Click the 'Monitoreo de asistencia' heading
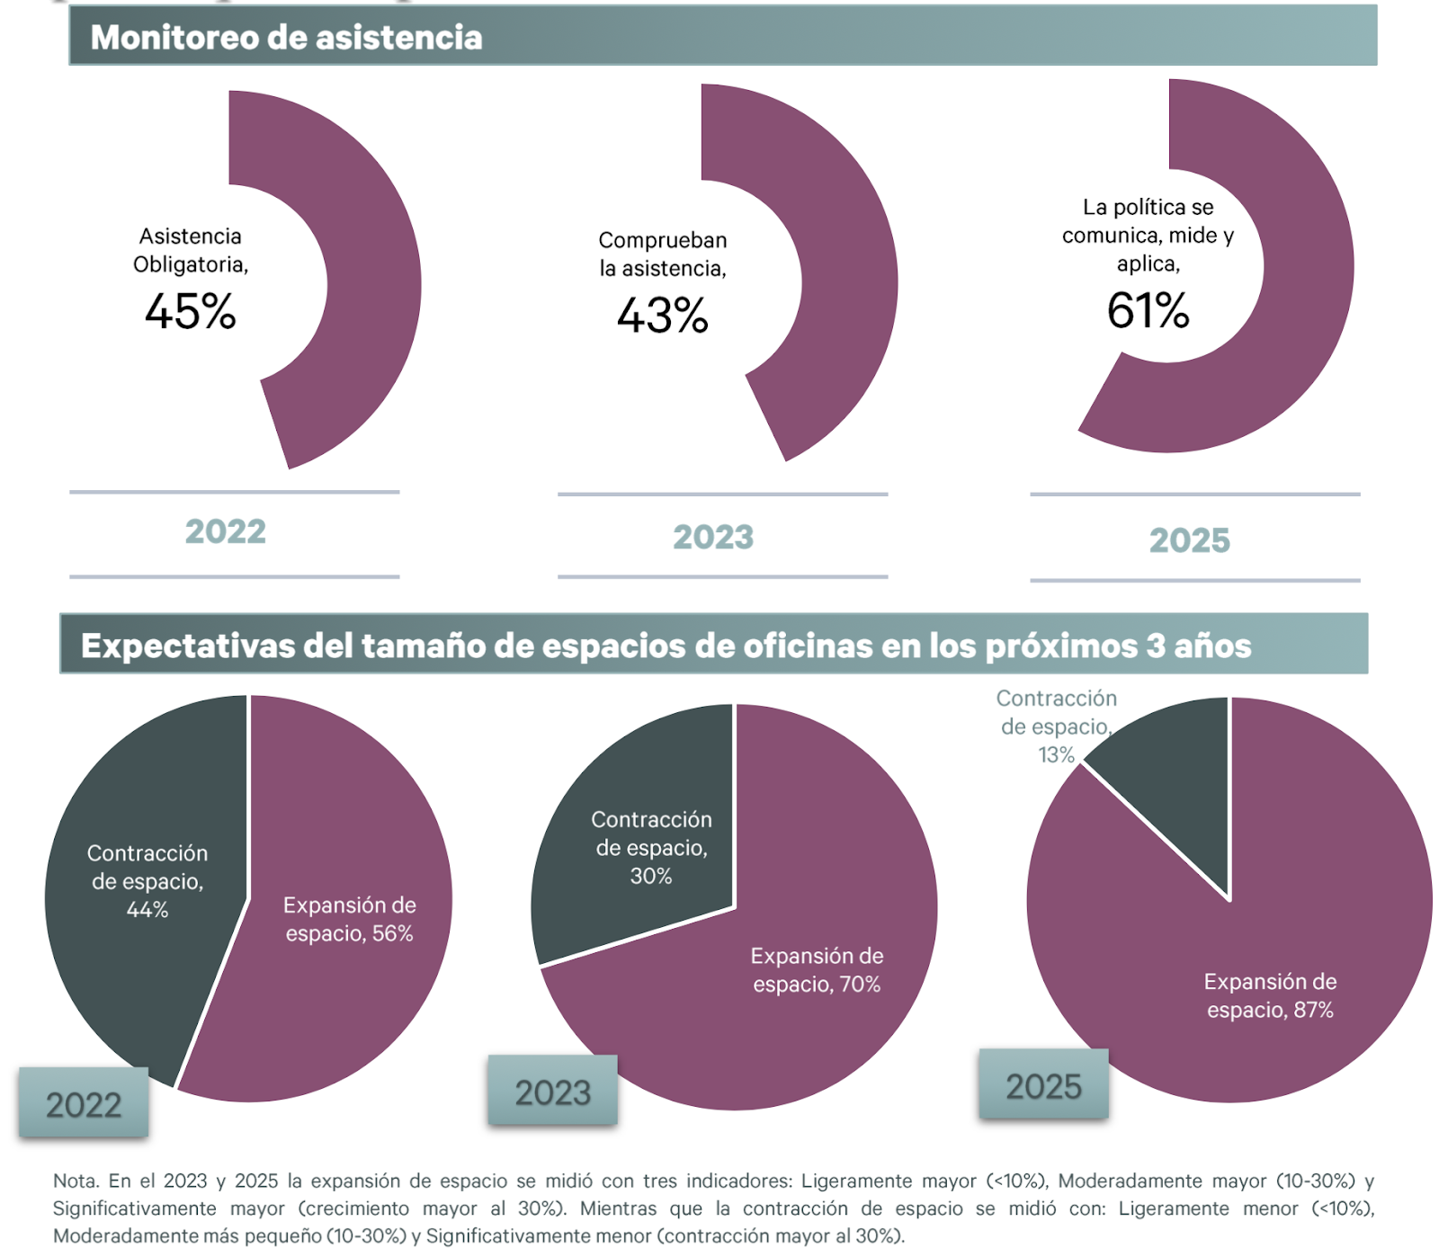[x=286, y=38]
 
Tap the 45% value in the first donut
[x=190, y=312]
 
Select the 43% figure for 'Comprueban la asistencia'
[x=663, y=316]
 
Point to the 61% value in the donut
[x=1148, y=311]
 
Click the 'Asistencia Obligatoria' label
[x=191, y=250]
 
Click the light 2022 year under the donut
[x=226, y=531]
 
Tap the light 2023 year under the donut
[x=713, y=537]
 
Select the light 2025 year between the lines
[x=1189, y=540]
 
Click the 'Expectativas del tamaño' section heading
[x=666, y=646]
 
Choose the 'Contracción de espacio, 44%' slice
[x=147, y=881]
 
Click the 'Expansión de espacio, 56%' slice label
[x=349, y=919]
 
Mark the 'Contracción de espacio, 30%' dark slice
[x=651, y=847]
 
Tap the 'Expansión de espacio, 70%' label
[x=817, y=969]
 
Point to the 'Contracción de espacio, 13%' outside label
[x=1056, y=727]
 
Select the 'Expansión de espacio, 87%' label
[x=1270, y=995]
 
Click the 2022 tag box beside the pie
[x=84, y=1104]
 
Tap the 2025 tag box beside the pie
[x=1043, y=1086]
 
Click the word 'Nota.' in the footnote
[x=76, y=1181]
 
